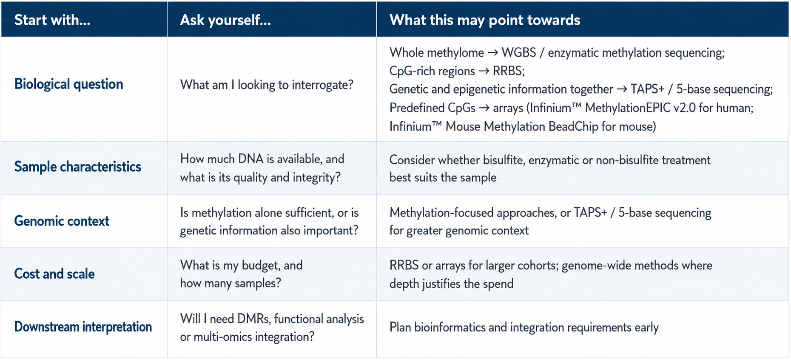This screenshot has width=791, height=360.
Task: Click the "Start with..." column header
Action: [52, 20]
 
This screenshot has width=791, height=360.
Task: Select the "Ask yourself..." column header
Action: [225, 20]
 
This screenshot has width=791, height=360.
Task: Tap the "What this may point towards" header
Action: [485, 20]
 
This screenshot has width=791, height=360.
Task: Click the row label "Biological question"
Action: [69, 84]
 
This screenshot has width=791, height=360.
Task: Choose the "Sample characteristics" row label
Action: [78, 166]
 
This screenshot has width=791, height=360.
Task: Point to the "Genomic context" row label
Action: [62, 221]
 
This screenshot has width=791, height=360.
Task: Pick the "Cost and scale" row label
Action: [54, 274]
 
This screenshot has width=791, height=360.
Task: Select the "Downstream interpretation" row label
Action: [83, 327]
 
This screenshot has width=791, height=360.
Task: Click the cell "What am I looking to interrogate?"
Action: [267, 85]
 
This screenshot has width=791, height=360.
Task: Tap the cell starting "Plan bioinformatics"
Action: [524, 327]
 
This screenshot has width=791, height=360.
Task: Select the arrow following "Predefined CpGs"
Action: [484, 108]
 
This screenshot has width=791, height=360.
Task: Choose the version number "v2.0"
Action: [685, 108]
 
